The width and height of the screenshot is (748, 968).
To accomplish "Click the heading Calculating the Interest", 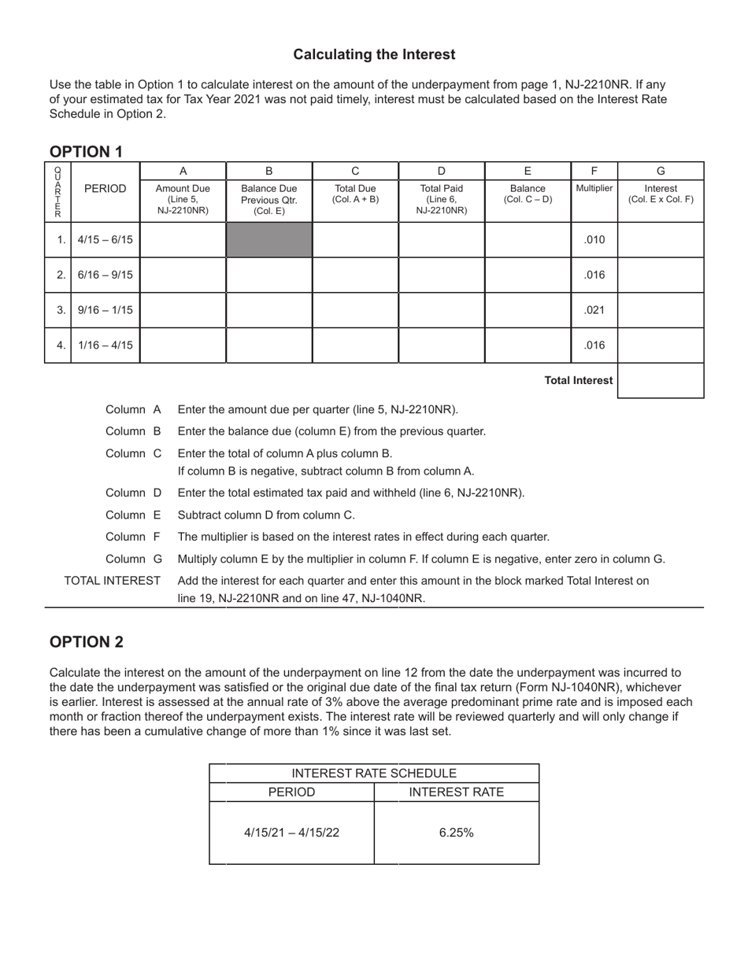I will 374,54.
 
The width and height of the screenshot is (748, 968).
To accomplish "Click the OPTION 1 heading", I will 86,152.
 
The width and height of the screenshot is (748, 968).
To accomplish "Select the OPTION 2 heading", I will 86,641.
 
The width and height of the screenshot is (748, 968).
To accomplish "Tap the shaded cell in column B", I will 269,239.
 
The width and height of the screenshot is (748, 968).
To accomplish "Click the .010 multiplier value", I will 594,239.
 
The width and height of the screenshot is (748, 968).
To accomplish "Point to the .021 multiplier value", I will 594,310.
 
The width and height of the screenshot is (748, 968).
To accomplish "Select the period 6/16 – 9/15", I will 105,275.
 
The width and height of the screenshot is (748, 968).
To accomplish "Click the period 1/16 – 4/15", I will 105,345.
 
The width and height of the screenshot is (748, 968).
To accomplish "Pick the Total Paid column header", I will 441,199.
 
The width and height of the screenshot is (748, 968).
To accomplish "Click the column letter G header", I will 660,171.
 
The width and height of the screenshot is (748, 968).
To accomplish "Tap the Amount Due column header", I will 183,199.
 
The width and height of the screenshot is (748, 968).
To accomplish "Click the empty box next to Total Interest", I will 660,380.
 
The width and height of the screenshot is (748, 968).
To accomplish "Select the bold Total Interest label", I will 578,380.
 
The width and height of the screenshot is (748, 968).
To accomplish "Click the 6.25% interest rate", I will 456,832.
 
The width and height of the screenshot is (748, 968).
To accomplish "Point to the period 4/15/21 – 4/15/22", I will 291,832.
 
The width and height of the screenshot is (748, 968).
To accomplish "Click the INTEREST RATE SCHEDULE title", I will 374,773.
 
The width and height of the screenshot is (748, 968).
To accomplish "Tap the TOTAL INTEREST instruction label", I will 113,581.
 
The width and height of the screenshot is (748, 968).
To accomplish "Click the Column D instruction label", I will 133,493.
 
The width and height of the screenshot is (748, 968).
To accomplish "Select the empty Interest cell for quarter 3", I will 660,310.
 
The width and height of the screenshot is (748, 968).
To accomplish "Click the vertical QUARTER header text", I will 57,192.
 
